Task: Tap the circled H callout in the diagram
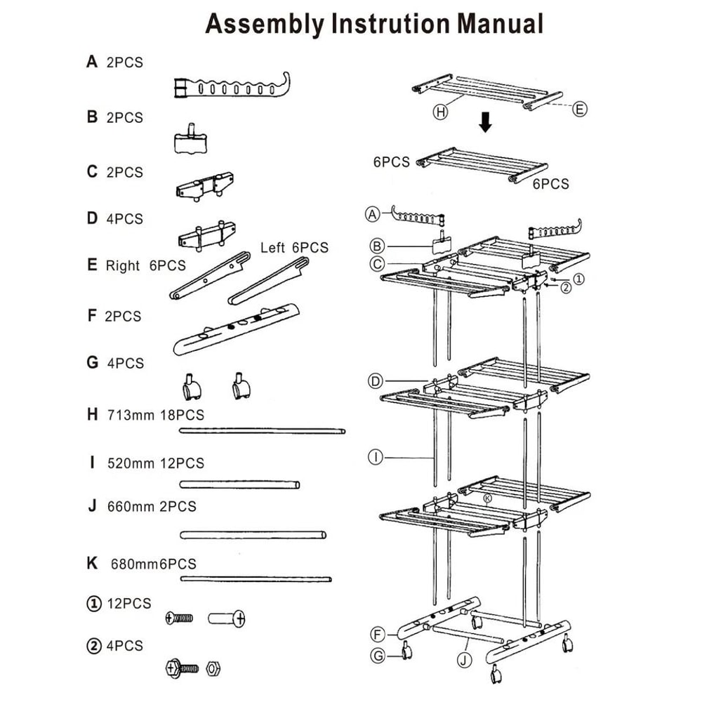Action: [440, 112]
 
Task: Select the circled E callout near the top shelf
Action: [579, 109]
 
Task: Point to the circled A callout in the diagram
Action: [373, 213]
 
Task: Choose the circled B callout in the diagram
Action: [377, 246]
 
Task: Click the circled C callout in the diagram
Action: [377, 264]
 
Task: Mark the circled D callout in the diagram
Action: [376, 381]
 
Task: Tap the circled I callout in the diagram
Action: [376, 458]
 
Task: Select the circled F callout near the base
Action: [378, 635]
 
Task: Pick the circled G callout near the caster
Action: [378, 656]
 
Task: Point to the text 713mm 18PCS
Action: [156, 414]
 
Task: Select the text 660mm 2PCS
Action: [152, 506]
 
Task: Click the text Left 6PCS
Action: [294, 248]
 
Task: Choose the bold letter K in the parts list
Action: [92, 564]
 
